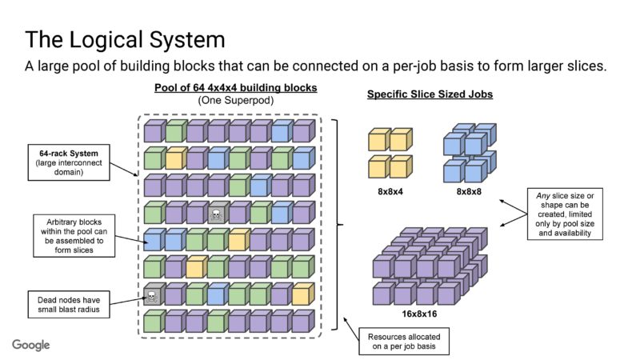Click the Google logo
pyautogui.click(x=31, y=345)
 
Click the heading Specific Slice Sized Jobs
pyautogui.click(x=430, y=94)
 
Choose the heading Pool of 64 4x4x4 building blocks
pyautogui.click(x=234, y=87)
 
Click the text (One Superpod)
pyautogui.click(x=234, y=100)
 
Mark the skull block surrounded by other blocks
pyautogui.click(x=217, y=214)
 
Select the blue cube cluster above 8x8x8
pyautogui.click(x=466, y=152)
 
